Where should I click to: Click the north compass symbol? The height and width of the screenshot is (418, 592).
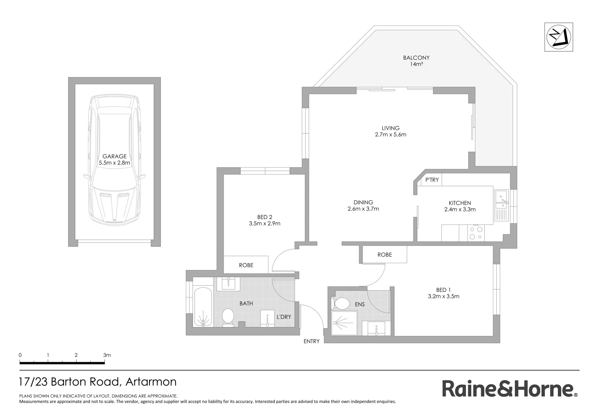558,38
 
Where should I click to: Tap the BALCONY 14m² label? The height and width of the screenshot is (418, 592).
416,61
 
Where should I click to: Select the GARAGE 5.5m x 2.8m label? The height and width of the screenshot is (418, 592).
114,159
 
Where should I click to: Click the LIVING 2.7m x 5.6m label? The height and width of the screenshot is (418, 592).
390,131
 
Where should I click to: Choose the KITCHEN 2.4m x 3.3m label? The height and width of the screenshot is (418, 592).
459,206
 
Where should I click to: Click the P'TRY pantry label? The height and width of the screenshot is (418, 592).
432,180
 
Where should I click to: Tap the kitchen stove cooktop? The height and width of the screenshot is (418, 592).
476,233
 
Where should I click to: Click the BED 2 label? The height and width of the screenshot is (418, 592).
265,220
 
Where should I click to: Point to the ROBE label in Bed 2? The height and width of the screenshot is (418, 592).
246,265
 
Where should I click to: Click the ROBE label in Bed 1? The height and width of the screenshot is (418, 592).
384,255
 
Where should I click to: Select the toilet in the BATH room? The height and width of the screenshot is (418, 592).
228,317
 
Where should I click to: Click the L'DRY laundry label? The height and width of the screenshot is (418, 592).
284,317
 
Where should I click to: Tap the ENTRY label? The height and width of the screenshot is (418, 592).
311,341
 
